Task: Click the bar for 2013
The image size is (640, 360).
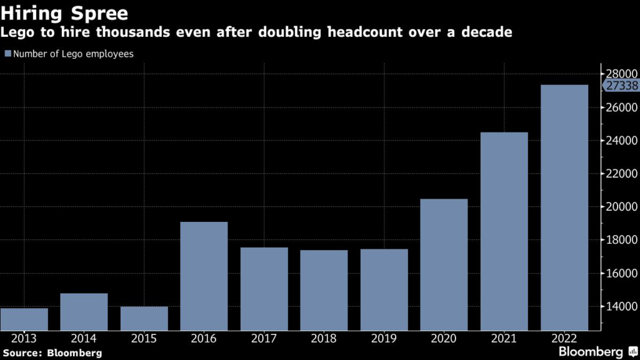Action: (24, 319)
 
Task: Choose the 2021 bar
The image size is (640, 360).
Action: (504, 231)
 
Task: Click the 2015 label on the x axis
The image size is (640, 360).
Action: (144, 338)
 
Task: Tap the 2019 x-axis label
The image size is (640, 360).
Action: (384, 338)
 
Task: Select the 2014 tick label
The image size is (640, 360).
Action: (84, 338)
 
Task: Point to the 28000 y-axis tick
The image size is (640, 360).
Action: (619, 74)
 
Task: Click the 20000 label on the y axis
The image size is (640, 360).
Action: (619, 207)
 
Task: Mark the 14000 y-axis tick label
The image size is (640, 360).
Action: (619, 307)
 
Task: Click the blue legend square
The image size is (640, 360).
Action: (7, 54)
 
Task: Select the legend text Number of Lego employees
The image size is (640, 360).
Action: (73, 54)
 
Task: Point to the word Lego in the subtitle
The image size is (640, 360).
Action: (17, 32)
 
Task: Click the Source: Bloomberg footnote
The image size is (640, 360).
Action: (51, 353)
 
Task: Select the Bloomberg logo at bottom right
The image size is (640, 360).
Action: (591, 351)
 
